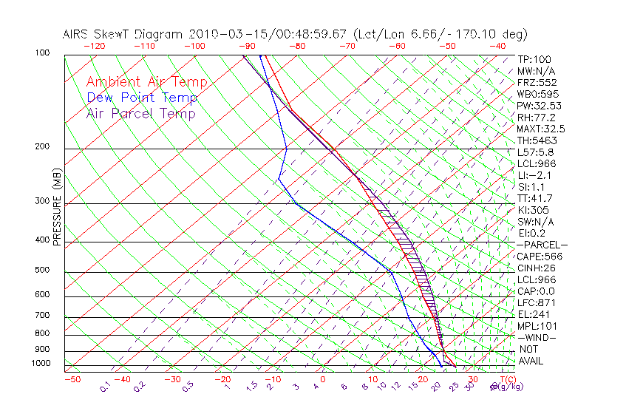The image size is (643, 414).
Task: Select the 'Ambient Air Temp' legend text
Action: pyautogui.click(x=146, y=82)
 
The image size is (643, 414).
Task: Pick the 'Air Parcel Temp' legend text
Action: pyautogui.click(x=140, y=113)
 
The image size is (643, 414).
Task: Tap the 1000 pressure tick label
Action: pyautogui.click(x=41, y=364)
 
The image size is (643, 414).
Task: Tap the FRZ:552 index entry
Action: pyautogui.click(x=537, y=82)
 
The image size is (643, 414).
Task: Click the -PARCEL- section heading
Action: pyautogui.click(x=542, y=245)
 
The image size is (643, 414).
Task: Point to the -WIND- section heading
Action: pyautogui.click(x=537, y=337)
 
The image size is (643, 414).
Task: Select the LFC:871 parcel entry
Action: pyautogui.click(x=537, y=302)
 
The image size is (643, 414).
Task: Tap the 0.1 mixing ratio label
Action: pyautogui.click(x=106, y=385)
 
